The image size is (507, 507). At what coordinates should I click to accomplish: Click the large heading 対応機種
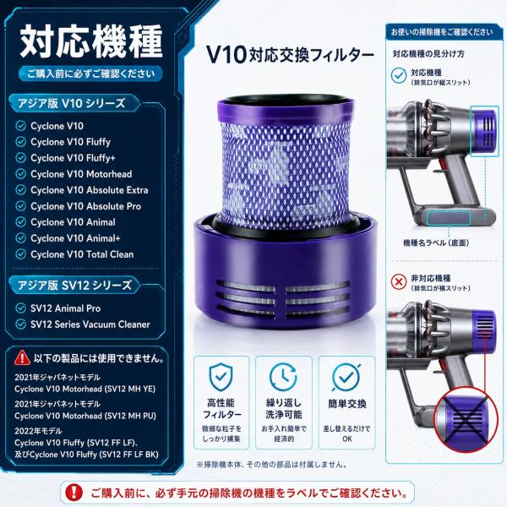coord(91,41)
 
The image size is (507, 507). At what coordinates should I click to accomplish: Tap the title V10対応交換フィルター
coord(290,55)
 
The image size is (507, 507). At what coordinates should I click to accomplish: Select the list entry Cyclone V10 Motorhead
coord(81,174)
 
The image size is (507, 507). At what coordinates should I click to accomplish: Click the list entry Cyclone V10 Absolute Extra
coord(90,190)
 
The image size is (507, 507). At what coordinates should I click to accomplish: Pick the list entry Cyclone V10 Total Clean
coord(82,254)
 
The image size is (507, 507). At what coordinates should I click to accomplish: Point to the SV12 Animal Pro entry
coord(66,308)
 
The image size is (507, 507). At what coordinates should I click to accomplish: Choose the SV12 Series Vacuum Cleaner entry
coord(90,324)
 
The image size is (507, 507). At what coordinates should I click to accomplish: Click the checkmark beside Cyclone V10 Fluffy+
coord(20,158)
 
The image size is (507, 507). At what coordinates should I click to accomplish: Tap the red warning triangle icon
coord(22,357)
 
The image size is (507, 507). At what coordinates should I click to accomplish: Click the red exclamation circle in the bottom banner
coord(74,493)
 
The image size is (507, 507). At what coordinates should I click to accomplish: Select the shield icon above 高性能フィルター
coord(221,376)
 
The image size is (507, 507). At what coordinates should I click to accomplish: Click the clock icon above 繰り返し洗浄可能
coord(283,377)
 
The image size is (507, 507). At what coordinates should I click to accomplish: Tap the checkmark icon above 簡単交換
coord(346,378)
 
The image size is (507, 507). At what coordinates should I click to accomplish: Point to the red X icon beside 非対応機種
coord(399,282)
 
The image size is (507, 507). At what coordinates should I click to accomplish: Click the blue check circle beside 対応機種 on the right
coord(399,76)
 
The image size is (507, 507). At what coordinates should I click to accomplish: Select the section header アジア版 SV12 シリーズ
coord(74,286)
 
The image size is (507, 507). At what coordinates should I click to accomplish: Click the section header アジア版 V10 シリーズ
coord(72,103)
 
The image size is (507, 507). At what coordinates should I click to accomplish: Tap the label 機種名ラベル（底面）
coord(436,243)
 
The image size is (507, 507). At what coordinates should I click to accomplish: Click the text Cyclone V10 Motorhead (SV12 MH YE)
coord(85,389)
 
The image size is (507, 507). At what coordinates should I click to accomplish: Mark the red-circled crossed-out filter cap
coord(465,419)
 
